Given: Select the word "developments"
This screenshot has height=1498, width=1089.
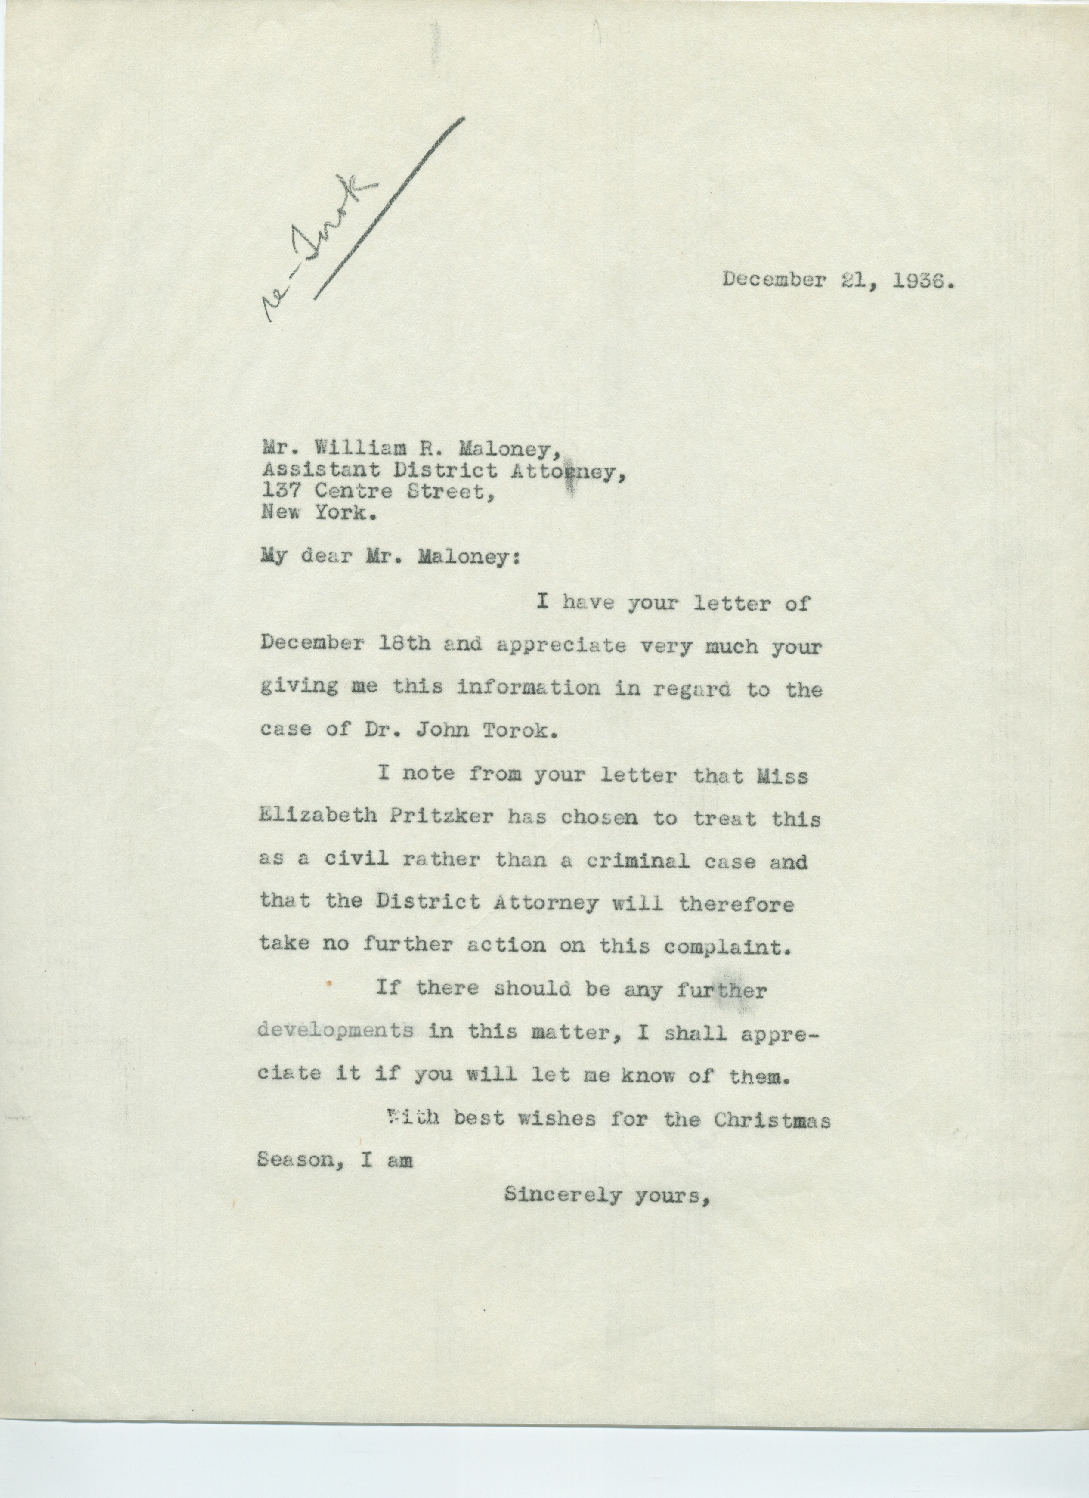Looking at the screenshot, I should point(335,1033).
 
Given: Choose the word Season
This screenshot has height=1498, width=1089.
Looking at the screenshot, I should point(298,1160).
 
